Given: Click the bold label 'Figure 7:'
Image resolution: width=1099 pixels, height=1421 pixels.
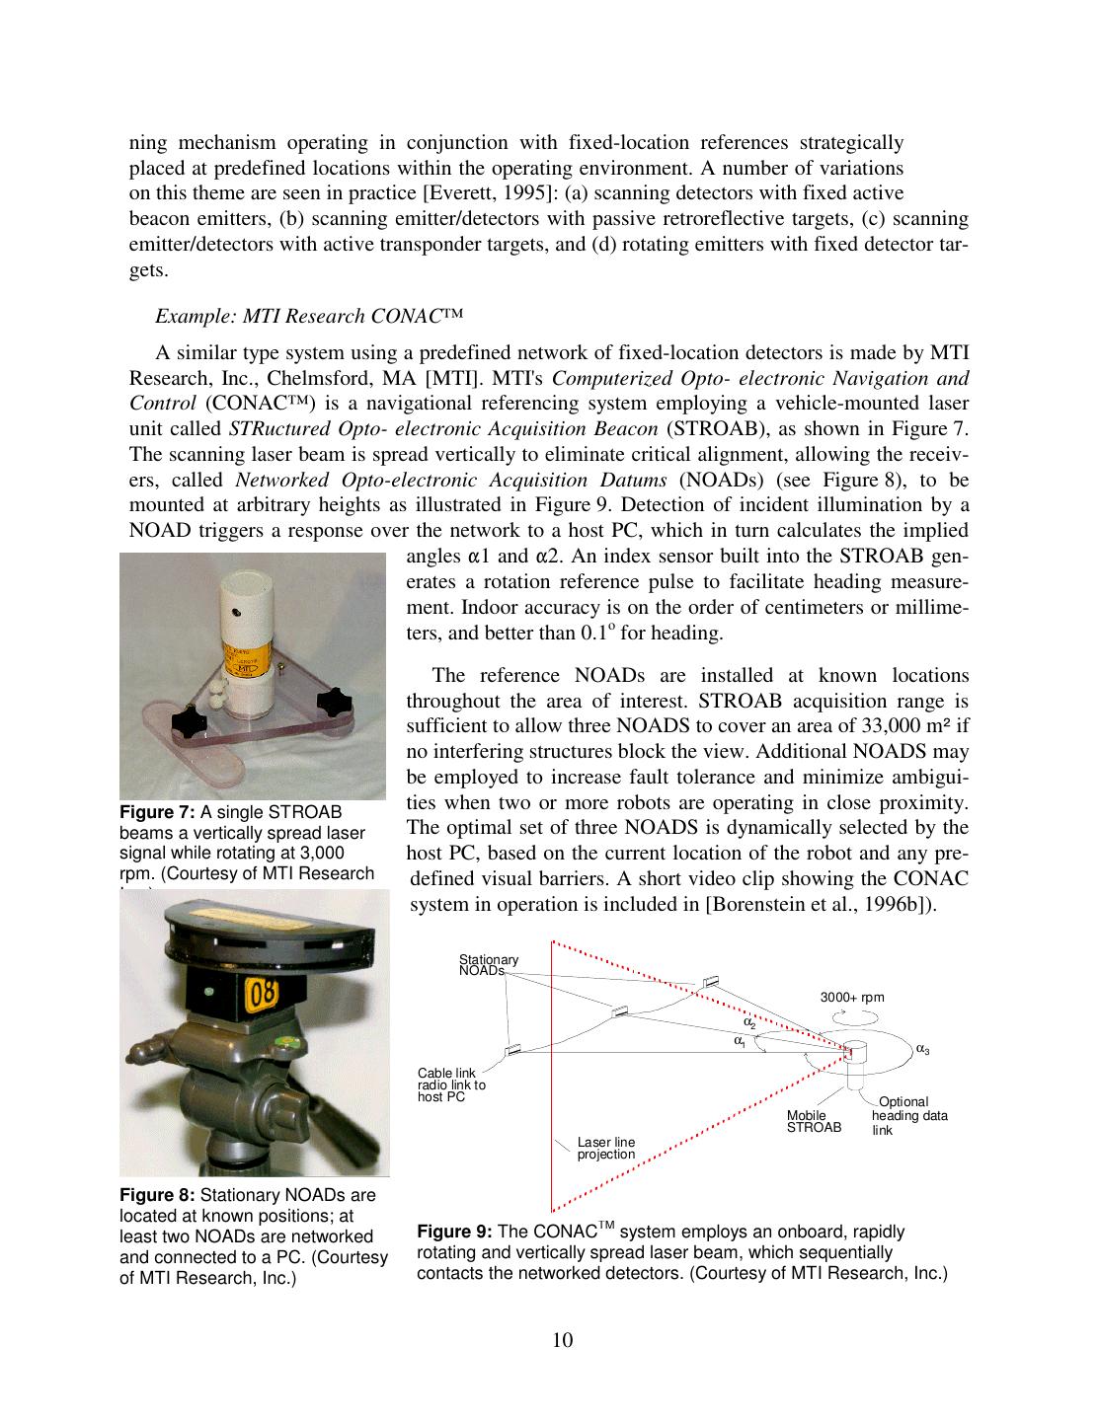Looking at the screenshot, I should [x=157, y=812].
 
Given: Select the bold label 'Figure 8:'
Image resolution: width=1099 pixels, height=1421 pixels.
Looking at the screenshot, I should [x=157, y=1194].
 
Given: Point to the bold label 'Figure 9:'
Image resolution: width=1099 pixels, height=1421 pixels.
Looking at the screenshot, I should [x=455, y=1233].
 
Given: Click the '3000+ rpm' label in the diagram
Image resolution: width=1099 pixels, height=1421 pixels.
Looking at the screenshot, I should [x=852, y=997].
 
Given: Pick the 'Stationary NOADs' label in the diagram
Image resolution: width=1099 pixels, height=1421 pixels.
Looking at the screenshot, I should [x=488, y=965].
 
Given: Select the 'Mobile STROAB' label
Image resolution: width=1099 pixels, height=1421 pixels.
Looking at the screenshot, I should [x=814, y=1121].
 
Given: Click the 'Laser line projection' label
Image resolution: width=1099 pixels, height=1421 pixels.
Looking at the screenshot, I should [x=606, y=1148].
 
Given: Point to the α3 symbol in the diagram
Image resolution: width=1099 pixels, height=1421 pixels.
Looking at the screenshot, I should [x=922, y=1049].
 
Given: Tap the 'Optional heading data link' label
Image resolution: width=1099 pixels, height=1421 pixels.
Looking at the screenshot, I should [x=908, y=1115].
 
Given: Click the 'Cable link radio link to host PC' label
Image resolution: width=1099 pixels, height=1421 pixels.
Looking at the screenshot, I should [x=451, y=1084].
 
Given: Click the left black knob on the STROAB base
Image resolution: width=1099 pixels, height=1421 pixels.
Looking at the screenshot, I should [x=189, y=724].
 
